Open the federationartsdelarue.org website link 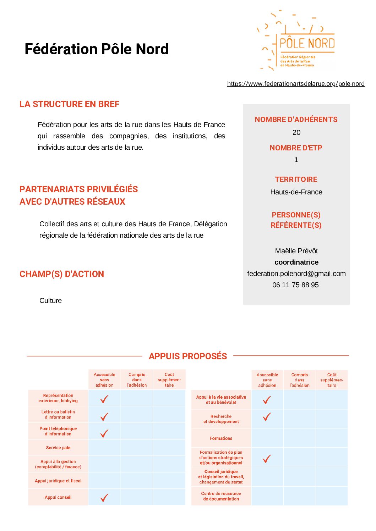click(x=296, y=84)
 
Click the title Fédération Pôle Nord click(x=96, y=49)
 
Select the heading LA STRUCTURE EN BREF click(x=69, y=104)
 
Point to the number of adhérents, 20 click(x=296, y=132)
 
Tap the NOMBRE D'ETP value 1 click(x=296, y=160)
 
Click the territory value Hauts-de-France click(x=296, y=192)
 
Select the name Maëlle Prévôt click(x=296, y=251)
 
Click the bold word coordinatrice click(x=296, y=262)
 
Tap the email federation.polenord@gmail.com click(x=296, y=273)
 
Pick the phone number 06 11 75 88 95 click(x=295, y=285)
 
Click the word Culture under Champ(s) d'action click(x=50, y=300)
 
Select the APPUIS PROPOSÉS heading click(x=188, y=356)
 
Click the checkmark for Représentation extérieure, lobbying click(x=104, y=399)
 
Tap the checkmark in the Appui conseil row click(x=104, y=497)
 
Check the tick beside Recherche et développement click(x=267, y=417)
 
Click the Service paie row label click(x=58, y=448)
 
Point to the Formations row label click(x=221, y=438)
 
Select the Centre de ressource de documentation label click(x=221, y=496)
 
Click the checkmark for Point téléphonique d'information click(x=104, y=433)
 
